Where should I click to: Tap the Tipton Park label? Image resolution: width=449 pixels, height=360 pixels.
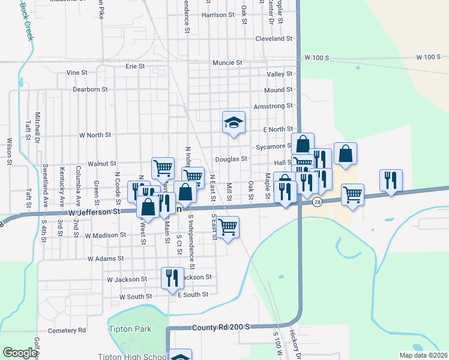(130, 329)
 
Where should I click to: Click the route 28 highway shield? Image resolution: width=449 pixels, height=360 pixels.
(317, 202)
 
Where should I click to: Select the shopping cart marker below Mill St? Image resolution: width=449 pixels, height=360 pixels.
(228, 227)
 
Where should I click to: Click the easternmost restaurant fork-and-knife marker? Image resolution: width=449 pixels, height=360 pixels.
(391, 180)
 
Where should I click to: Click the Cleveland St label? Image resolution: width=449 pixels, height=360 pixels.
(273, 38)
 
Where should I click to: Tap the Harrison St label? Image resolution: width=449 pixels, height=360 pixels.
(217, 15)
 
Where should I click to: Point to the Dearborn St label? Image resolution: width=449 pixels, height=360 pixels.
(90, 89)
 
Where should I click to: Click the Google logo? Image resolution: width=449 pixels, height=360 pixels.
(20, 353)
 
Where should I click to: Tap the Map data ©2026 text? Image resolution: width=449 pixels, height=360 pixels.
(423, 355)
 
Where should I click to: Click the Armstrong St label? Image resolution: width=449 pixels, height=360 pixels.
(273, 106)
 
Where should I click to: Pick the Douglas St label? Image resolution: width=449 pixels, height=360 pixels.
(232, 159)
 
